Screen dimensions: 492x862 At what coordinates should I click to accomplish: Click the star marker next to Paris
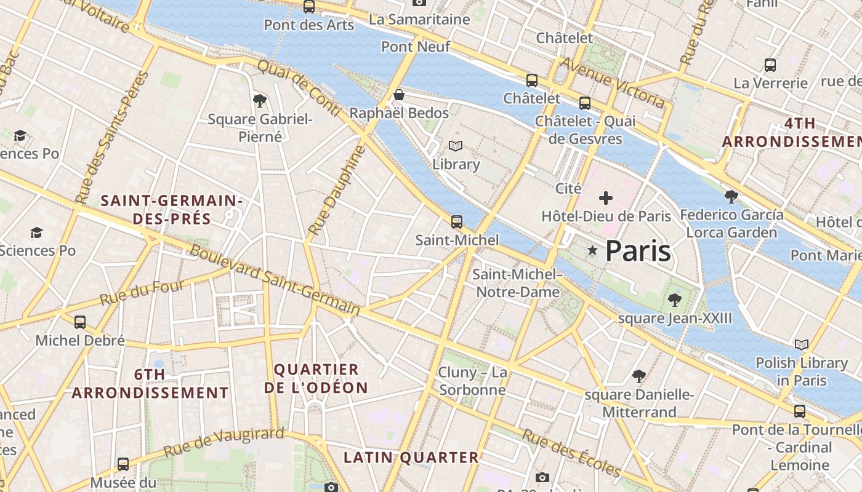[592, 250]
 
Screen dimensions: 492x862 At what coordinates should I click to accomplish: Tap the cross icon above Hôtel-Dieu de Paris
[606, 198]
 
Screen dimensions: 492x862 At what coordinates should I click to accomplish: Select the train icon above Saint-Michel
[456, 222]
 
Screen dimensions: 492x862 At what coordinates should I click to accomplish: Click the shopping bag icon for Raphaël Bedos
[399, 95]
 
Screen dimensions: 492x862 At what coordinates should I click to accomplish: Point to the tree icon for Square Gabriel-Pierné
[260, 100]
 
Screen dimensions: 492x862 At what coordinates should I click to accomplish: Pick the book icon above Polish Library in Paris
[801, 344]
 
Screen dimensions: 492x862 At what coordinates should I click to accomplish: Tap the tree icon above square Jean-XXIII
[675, 300]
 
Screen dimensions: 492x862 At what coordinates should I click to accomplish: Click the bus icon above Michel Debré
[80, 322]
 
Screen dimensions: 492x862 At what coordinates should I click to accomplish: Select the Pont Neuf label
[416, 47]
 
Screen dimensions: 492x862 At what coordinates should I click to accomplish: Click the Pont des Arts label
[308, 25]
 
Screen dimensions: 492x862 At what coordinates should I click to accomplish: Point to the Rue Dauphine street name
[336, 190]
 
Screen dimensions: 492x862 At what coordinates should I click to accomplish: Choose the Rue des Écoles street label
[571, 453]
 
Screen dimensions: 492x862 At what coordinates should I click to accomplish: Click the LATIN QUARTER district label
[411, 458]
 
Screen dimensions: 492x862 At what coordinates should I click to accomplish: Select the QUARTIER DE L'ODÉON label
[316, 378]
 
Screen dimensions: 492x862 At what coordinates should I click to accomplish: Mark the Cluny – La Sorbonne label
[472, 381]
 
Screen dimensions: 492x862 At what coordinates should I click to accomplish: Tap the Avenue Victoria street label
[613, 83]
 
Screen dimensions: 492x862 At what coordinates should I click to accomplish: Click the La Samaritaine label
[419, 20]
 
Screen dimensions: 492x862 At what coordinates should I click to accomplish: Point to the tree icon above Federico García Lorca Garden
[731, 197]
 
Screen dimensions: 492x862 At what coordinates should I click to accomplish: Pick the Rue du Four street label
[142, 293]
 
